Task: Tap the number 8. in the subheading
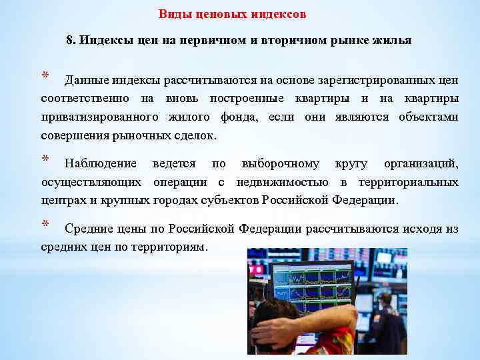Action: point(71,40)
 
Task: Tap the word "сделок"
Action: point(197,135)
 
